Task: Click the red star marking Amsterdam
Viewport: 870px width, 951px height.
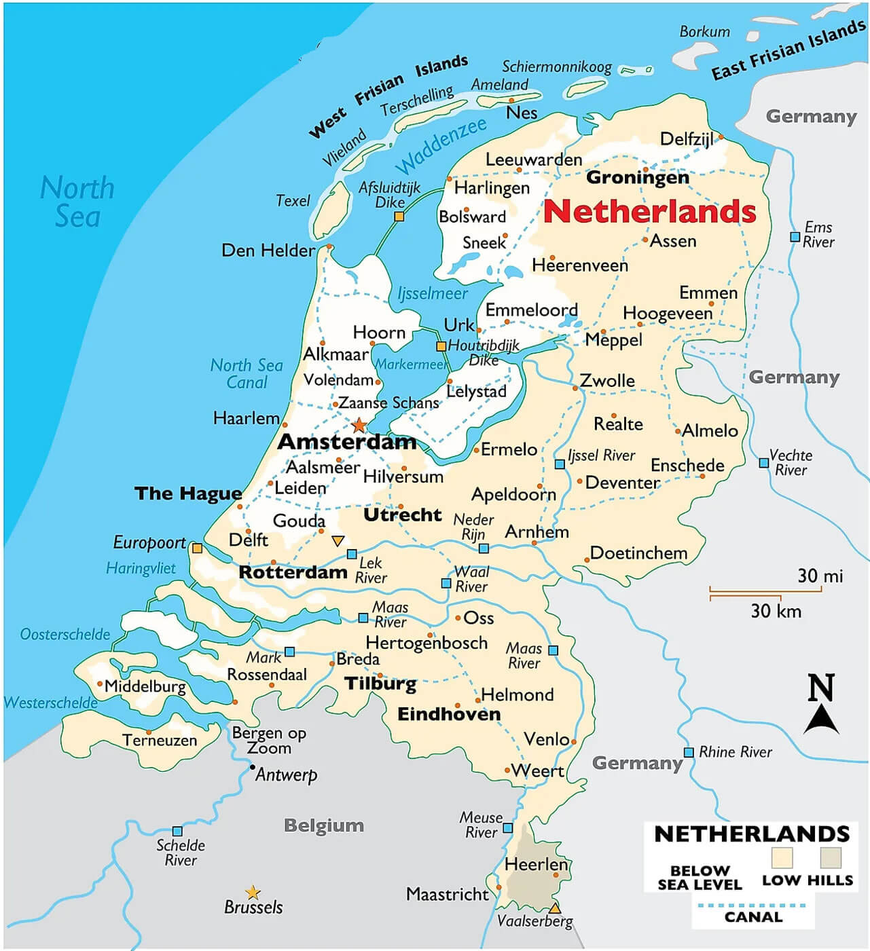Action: (359, 426)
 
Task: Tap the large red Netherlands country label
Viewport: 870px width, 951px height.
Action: (650, 212)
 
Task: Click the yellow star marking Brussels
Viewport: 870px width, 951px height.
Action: (253, 892)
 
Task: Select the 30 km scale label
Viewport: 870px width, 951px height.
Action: (776, 611)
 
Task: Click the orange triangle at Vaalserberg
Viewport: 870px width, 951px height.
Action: (555, 908)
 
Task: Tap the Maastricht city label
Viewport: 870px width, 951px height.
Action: (448, 894)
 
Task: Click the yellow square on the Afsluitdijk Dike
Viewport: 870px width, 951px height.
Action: (399, 217)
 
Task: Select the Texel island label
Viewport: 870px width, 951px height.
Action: (293, 201)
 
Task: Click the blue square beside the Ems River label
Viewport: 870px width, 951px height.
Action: (795, 237)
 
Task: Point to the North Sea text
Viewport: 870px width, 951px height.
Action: (77, 202)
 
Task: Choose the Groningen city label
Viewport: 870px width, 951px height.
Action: (637, 177)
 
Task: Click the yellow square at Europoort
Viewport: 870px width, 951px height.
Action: (197, 548)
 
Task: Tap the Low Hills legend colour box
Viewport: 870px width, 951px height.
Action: (831, 857)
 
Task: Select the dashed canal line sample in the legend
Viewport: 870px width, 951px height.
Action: (753, 905)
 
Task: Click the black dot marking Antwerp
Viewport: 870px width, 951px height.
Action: (252, 767)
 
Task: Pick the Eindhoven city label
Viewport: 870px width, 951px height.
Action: (449, 714)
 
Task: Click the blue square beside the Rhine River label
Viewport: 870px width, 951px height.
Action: (689, 752)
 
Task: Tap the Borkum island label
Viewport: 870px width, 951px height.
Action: (704, 32)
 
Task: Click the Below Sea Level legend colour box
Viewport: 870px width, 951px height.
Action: (782, 857)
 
